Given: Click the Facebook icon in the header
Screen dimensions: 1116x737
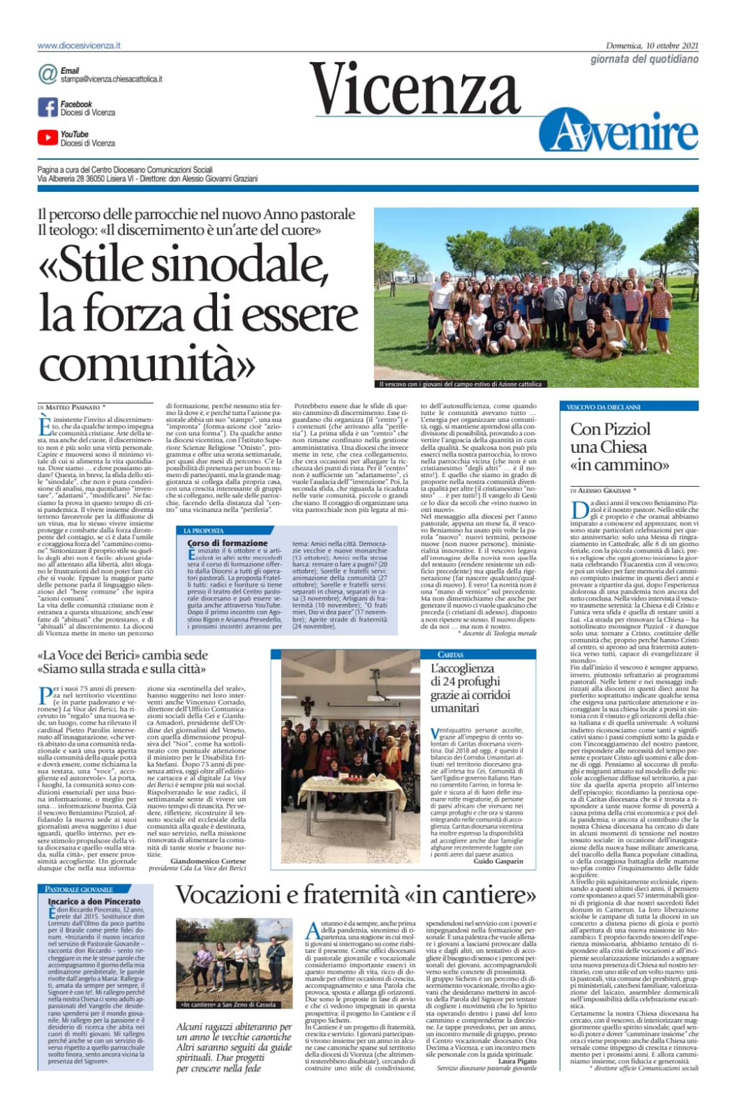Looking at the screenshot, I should tap(47, 107).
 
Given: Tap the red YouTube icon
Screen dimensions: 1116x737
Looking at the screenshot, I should tap(47, 138).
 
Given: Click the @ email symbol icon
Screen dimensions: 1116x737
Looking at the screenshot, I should tap(47, 74).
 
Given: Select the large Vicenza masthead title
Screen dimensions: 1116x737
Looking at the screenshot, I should tap(416, 90).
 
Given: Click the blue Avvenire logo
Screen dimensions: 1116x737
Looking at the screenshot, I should tap(618, 133).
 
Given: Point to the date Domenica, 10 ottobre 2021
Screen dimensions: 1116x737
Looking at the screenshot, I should tap(652, 46).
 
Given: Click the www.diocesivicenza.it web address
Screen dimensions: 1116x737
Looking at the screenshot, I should tap(79, 45).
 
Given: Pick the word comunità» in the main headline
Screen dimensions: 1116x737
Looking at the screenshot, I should tap(147, 363).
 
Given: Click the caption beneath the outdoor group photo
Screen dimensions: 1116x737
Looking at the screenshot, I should tap(460, 384).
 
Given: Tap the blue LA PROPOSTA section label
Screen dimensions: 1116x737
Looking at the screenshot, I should tap(204, 531).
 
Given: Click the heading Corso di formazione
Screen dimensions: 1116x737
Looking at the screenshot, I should tap(228, 543).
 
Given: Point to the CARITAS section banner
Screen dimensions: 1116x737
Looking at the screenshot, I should tap(451, 654).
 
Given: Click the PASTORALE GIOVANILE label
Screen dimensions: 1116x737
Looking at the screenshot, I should tap(78, 889).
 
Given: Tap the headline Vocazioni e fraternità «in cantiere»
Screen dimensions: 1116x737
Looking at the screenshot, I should tap(355, 895).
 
